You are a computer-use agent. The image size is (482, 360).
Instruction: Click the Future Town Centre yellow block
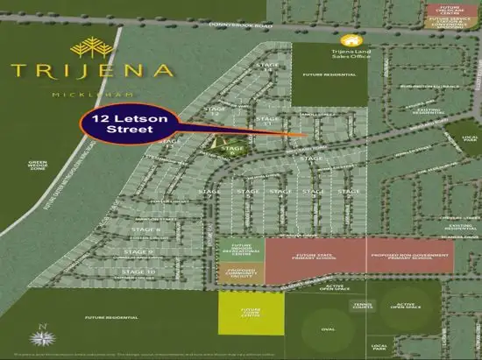tap(252, 313)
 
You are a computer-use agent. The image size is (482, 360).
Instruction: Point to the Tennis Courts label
tap(363, 306)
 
